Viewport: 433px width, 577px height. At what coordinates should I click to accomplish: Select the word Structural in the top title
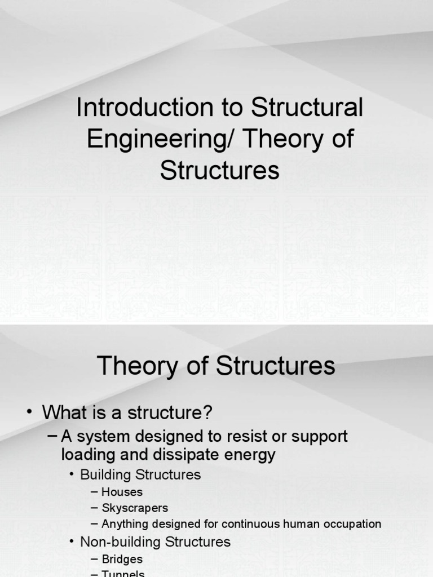pyautogui.click(x=307, y=108)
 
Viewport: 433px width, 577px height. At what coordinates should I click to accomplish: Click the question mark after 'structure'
pyautogui.click(x=207, y=412)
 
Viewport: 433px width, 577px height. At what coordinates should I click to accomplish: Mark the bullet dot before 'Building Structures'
pyautogui.click(x=72, y=474)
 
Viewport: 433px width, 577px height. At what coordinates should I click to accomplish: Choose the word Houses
pyautogui.click(x=122, y=492)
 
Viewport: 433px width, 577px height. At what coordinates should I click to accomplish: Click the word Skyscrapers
pyautogui.click(x=135, y=508)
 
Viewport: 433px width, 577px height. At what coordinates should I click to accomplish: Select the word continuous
pyautogui.click(x=250, y=524)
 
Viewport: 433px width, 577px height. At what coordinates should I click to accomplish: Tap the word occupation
pyautogui.click(x=352, y=524)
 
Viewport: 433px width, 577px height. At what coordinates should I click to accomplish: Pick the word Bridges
pyautogui.click(x=122, y=560)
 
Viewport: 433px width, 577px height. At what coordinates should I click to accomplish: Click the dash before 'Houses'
pyautogui.click(x=94, y=492)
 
